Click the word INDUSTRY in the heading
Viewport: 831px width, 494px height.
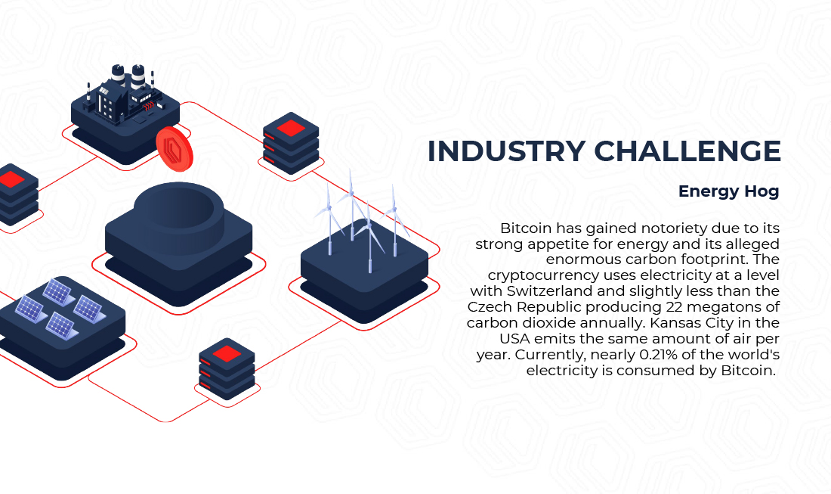(506, 151)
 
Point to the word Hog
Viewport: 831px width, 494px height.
(761, 191)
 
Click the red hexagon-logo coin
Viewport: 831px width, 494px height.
(175, 149)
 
